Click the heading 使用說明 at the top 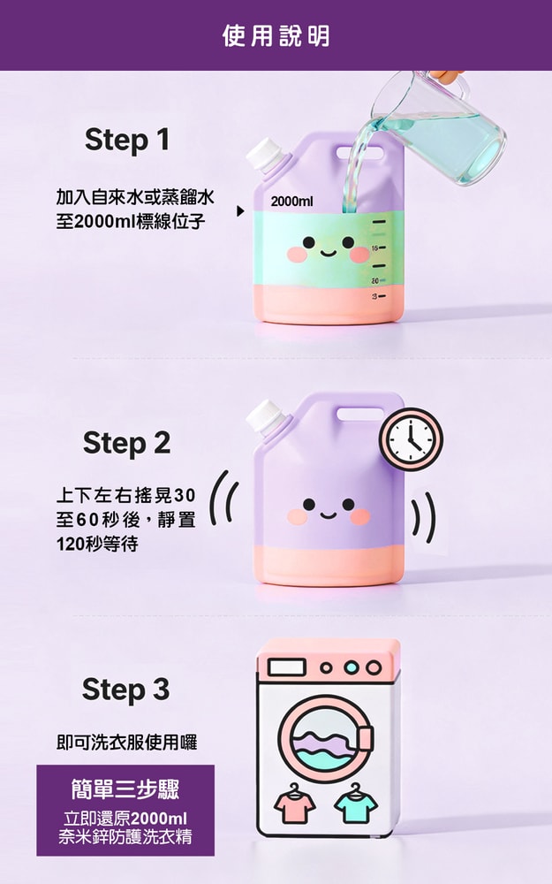[276, 35]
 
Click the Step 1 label [126, 140]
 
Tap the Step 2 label [126, 443]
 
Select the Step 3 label [125, 690]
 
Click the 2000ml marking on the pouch [291, 202]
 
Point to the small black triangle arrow [239, 212]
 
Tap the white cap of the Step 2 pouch [262, 415]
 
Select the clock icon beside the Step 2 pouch [411, 439]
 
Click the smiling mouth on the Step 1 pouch [328, 253]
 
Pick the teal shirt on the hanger [355, 803]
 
